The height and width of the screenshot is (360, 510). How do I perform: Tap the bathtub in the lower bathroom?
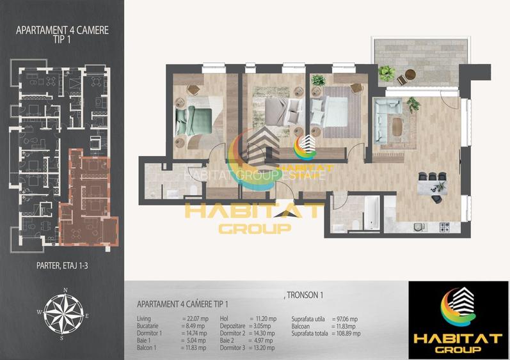[372, 213]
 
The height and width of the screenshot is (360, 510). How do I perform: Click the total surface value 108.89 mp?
[347, 333]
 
